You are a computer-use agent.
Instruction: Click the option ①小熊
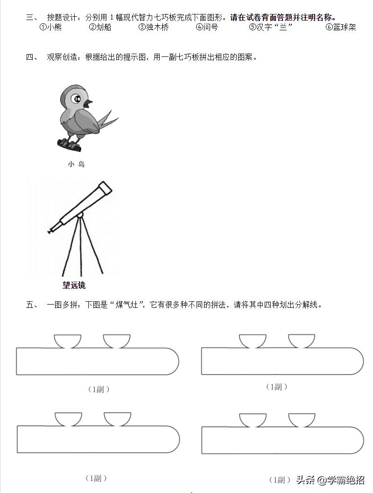50,28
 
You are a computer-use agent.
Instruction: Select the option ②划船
100,28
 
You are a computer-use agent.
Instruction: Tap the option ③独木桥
154,28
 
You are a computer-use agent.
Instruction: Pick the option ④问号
207,28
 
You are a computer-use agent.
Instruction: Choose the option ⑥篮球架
341,28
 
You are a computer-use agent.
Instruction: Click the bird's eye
76,99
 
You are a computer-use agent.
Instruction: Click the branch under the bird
69,145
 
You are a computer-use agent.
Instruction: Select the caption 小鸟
76,164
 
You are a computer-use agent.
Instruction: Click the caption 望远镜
74,285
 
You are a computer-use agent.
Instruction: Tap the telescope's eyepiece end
51,230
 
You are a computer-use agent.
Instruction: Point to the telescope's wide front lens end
106,187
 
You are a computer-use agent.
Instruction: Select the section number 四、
32,57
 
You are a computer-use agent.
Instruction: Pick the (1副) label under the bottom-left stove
96,478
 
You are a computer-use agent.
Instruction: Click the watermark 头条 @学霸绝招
330,480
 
